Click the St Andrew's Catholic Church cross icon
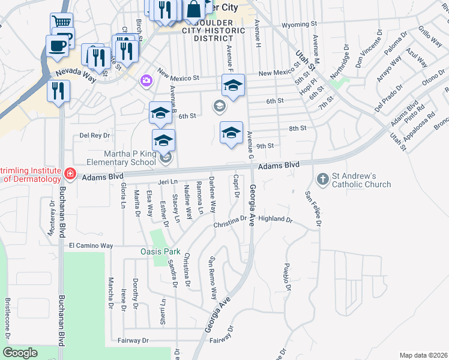tap(322, 179)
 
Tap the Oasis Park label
tap(161, 251)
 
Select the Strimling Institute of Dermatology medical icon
tap(70, 174)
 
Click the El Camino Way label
tap(91, 245)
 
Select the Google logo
tap(20, 353)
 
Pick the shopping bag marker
tap(194, 10)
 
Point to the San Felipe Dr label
tap(311, 209)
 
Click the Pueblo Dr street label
tap(288, 277)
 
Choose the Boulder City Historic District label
tap(205, 30)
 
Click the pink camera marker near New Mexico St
tap(145, 80)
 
